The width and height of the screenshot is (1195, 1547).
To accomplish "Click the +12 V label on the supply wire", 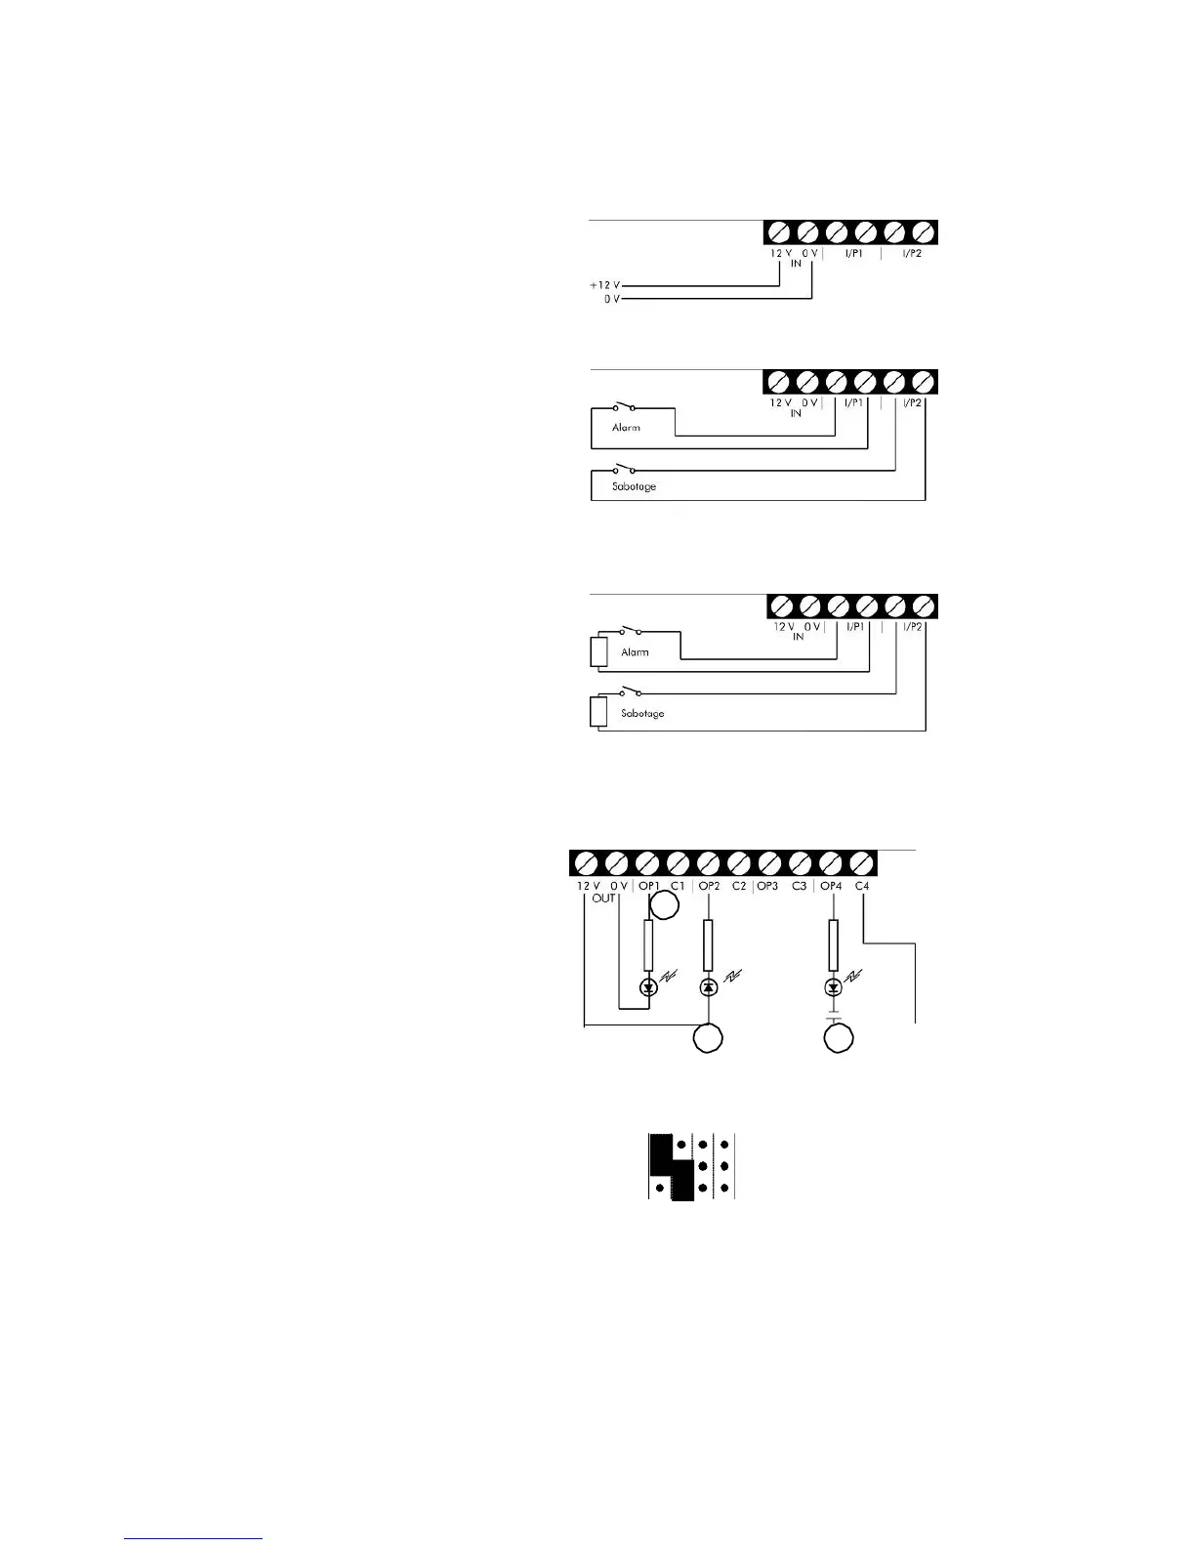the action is pos(604,285).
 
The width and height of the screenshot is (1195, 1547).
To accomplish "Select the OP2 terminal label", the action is pos(710,886).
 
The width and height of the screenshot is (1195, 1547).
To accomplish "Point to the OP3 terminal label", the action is pos(767,886).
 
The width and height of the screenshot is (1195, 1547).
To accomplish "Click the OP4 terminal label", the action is pos(831,886).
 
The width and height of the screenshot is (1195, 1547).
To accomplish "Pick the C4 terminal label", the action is pos(862,886).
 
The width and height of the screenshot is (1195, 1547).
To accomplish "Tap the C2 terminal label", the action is pos(739,886).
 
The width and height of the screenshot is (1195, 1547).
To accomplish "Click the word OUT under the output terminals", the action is pos(603,899).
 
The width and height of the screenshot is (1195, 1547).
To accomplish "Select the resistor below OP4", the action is pos(833,944).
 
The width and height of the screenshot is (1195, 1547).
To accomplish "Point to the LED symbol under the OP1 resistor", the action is pos(648,987).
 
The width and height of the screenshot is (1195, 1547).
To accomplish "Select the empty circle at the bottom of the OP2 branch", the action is pos(709,1038).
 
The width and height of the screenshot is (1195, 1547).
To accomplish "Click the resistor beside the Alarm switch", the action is pos(598,651).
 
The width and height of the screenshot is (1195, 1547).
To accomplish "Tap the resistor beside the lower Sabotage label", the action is pos(598,712).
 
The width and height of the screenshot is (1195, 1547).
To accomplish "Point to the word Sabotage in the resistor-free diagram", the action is pos(635,486).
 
